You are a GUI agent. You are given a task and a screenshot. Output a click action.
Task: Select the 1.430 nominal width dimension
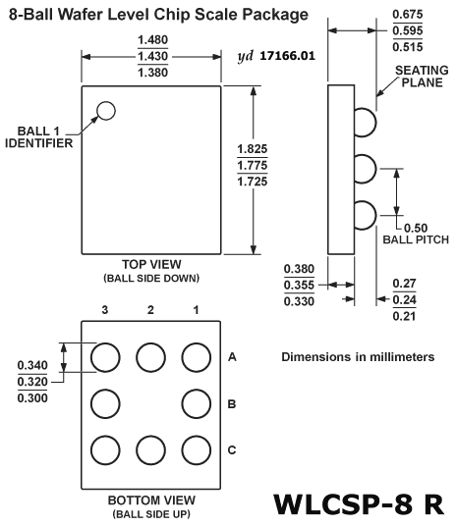153,56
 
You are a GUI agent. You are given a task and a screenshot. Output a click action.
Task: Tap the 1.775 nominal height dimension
253,165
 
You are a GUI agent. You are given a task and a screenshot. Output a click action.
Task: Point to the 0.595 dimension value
408,30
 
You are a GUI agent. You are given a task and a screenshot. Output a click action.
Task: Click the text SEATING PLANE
422,77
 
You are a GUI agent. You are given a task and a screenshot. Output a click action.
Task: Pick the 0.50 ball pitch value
416,228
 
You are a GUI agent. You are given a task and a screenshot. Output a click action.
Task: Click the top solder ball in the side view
366,122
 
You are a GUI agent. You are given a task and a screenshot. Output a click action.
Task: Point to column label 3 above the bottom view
105,310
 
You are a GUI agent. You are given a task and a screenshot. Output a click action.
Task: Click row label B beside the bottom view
232,404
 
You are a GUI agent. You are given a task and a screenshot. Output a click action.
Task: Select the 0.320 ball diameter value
32,382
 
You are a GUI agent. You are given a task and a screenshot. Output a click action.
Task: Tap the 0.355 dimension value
299,285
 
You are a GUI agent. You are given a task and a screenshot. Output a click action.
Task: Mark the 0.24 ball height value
404,299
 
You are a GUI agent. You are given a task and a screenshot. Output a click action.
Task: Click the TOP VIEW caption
151,264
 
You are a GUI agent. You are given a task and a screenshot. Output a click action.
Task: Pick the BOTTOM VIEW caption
151,500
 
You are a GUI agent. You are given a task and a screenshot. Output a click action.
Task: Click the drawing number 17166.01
288,56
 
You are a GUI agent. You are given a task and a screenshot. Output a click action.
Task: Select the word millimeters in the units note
402,357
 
